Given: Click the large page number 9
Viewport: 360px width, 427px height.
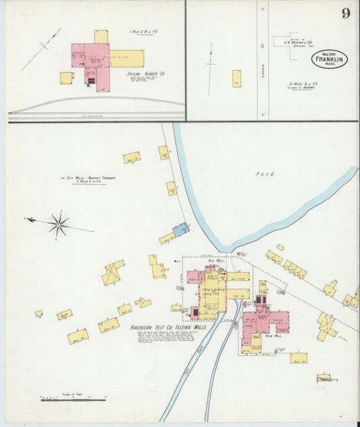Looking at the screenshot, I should [x=345, y=14].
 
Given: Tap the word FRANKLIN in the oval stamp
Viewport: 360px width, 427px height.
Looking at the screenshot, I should [x=330, y=59].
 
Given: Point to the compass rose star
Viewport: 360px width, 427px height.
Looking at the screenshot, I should [x=59, y=224].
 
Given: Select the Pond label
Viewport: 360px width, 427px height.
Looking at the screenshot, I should [x=266, y=174].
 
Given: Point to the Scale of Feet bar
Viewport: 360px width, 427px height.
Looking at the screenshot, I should [x=73, y=399].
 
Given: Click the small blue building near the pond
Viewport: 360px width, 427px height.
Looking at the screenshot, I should [x=181, y=230].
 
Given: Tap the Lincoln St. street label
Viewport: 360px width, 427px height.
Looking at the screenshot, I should [x=262, y=68].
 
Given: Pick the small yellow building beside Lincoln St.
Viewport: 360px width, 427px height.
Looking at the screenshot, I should [x=237, y=78].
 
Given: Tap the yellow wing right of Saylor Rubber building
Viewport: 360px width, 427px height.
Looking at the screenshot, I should [x=127, y=58].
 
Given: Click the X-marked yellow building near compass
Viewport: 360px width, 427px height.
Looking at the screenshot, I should [x=112, y=273].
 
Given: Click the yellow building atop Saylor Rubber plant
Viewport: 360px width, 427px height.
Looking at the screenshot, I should [x=101, y=36].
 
